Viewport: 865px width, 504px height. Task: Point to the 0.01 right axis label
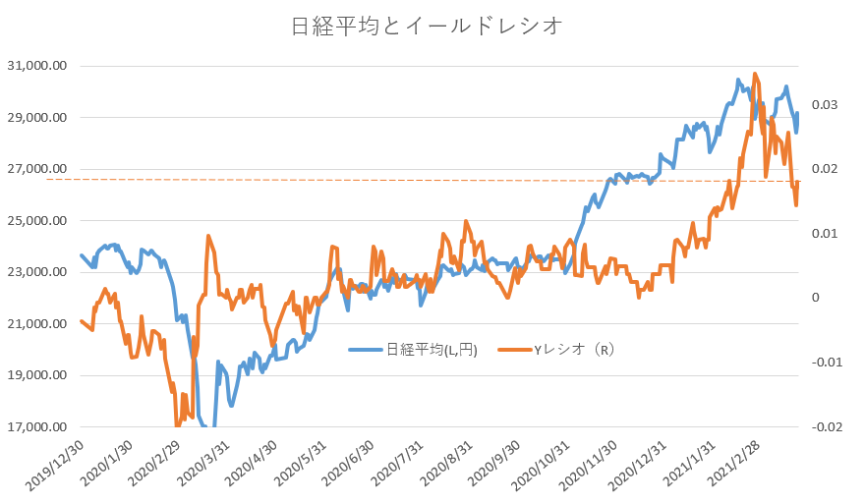click(x=825, y=234)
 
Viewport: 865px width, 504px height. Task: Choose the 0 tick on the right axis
click(x=816, y=298)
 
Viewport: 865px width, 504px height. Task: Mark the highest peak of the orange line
click(x=755, y=74)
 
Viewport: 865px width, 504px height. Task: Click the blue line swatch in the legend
click(x=366, y=350)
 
